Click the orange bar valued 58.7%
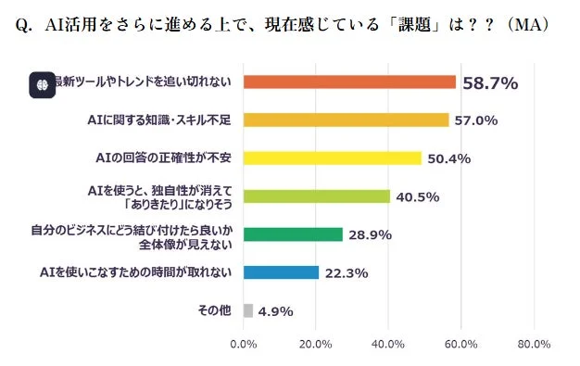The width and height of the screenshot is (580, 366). pos(349,82)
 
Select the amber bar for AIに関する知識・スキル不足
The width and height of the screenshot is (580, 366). pos(346,120)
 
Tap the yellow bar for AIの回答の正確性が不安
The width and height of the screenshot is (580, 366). pos(332,158)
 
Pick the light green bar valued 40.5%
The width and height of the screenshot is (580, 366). pos(316,196)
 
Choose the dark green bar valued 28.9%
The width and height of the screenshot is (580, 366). pos(293,234)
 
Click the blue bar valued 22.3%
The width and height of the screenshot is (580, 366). pos(281,272)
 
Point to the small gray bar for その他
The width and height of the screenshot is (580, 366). pos(248,310)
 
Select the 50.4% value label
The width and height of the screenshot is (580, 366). pos(449,158)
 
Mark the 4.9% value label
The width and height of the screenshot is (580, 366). pos(275,311)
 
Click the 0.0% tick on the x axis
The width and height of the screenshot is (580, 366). pos(243,345)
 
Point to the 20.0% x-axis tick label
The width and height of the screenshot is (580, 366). pos(316,345)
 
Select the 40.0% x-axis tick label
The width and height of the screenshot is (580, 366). pos(388,345)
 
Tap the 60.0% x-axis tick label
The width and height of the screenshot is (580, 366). pos(460,345)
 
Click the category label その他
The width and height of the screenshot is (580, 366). pos(214,310)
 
